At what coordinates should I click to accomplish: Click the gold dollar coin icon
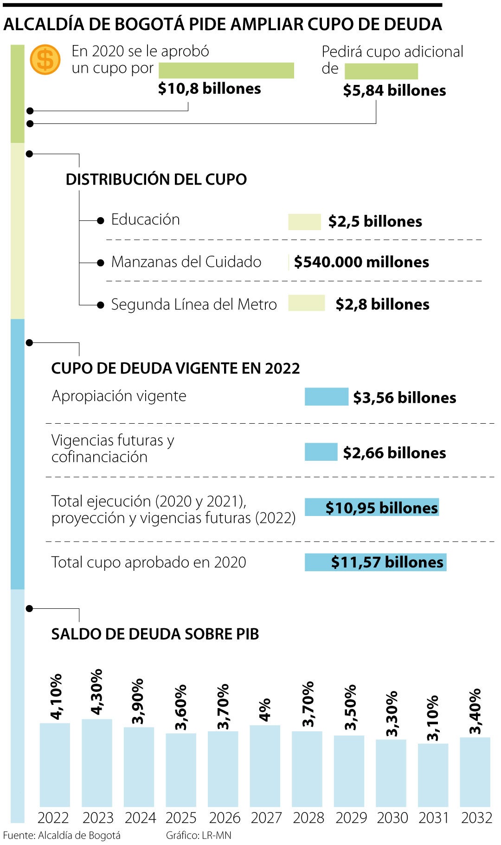click(x=45, y=60)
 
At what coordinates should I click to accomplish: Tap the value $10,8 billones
click(x=209, y=88)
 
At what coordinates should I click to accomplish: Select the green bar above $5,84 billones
click(x=381, y=71)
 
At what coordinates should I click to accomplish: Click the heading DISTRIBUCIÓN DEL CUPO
click(x=156, y=179)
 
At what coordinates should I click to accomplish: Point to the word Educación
click(x=145, y=219)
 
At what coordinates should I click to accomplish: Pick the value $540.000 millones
click(x=361, y=262)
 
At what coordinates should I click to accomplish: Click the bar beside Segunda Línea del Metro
click(x=306, y=303)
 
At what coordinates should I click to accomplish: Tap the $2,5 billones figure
click(x=375, y=221)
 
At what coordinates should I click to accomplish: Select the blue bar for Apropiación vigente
click(x=326, y=397)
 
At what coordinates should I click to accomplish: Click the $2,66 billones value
click(x=394, y=452)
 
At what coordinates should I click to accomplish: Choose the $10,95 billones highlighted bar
click(x=372, y=507)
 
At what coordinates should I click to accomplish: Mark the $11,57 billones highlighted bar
click(x=375, y=562)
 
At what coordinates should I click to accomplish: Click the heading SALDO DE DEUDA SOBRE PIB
click(x=155, y=634)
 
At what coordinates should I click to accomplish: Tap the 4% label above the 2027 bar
click(x=264, y=710)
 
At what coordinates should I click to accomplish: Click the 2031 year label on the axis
click(x=434, y=817)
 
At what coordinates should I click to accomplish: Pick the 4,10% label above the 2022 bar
click(x=56, y=697)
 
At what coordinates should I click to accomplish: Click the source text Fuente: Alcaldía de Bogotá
click(x=62, y=835)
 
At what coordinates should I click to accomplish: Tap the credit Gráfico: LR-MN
click(x=199, y=835)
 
